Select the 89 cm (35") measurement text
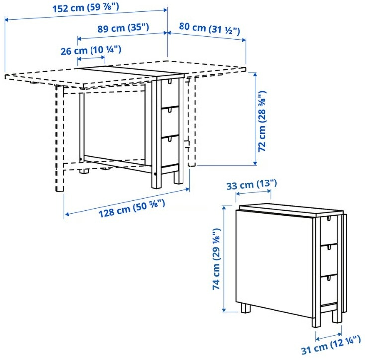tap(123, 28)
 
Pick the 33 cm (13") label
tap(251, 185)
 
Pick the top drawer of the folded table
tap(328, 229)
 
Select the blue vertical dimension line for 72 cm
tap(255, 119)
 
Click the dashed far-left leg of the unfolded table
tap(61, 139)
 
